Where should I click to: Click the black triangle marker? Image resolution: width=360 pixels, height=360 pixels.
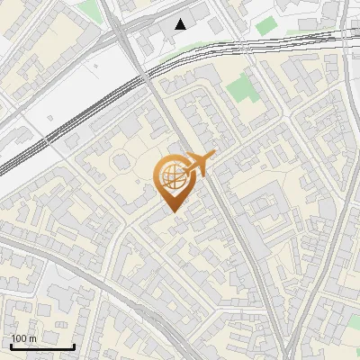pos(182,24)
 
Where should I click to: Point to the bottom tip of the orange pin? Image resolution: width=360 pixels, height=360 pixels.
pos(172,212)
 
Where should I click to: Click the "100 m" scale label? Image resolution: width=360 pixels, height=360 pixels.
pos(23,338)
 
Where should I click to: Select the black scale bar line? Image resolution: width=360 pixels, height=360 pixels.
pos(41,346)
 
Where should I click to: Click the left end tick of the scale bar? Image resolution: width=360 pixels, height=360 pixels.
pos(10,345)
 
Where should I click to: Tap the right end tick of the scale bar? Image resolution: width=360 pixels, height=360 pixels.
pos(74,345)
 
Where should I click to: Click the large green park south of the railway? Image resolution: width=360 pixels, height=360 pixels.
pos(239,89)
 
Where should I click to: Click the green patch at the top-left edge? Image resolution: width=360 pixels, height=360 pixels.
pos(89,9)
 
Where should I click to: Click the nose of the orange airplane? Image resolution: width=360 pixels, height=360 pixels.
pos(214,155)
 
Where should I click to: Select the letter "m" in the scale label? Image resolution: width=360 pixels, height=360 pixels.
pos(34,338)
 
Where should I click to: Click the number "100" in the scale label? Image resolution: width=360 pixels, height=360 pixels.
pos(19,338)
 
